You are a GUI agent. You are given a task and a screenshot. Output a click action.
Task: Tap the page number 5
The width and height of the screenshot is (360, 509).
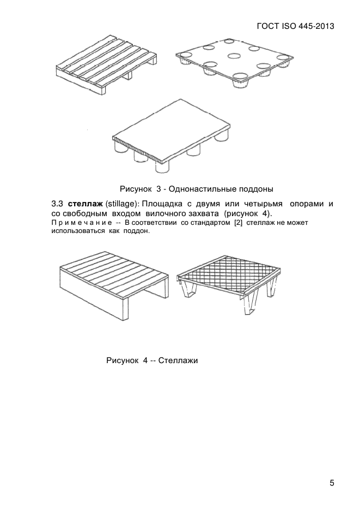332,482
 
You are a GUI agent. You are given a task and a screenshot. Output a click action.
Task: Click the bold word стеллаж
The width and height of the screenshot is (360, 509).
85,203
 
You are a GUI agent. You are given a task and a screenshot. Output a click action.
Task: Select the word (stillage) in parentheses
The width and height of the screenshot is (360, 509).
123,203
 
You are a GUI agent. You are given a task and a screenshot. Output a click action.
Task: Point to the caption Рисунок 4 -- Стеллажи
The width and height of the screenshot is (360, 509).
152,360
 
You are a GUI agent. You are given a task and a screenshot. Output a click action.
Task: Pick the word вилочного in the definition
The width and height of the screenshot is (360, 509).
167,213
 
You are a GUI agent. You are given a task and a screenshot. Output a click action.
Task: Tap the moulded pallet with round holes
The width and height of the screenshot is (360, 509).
234,63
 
